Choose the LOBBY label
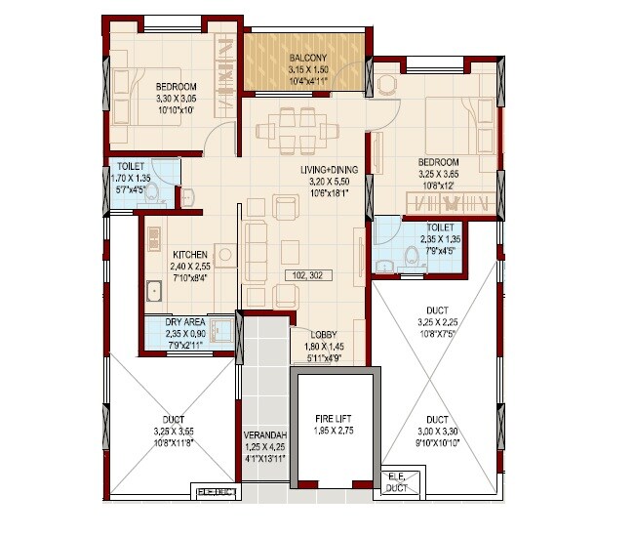324,334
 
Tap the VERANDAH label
262,438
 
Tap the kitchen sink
154,291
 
